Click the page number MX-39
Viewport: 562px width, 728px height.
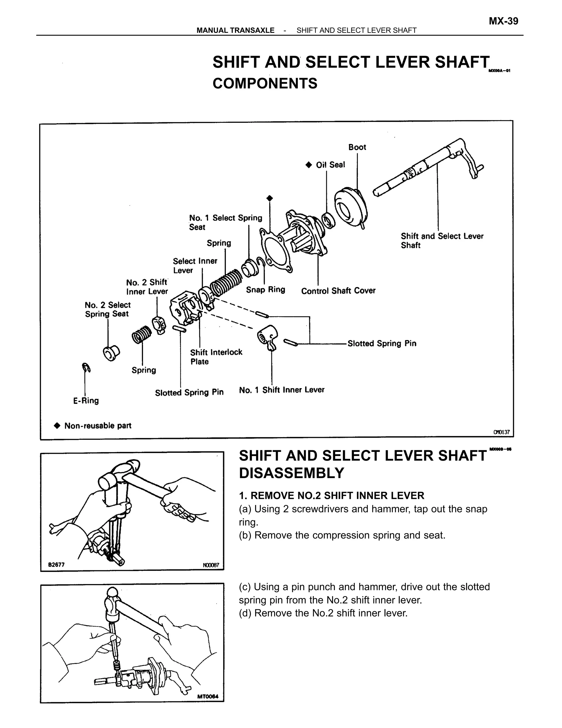pos(503,21)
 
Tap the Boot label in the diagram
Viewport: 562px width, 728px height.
pos(357,147)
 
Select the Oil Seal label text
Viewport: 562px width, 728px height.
pos(330,165)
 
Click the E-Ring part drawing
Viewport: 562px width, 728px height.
pos(86,368)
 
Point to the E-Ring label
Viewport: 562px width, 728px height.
pos(86,400)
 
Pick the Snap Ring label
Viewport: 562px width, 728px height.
pos(265,290)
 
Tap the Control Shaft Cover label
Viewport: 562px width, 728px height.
pos(338,291)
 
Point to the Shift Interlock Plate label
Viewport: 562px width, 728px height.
pos(216,357)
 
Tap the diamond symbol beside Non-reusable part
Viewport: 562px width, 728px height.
pos(57,426)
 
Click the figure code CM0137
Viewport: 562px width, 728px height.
pos(501,432)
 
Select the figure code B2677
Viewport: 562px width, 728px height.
pos(56,565)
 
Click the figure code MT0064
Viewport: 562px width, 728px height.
pos(208,697)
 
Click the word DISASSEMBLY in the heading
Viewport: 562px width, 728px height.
pos(291,473)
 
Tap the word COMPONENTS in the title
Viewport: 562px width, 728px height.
pos(265,83)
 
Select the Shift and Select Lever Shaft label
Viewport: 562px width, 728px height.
pos(442,240)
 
